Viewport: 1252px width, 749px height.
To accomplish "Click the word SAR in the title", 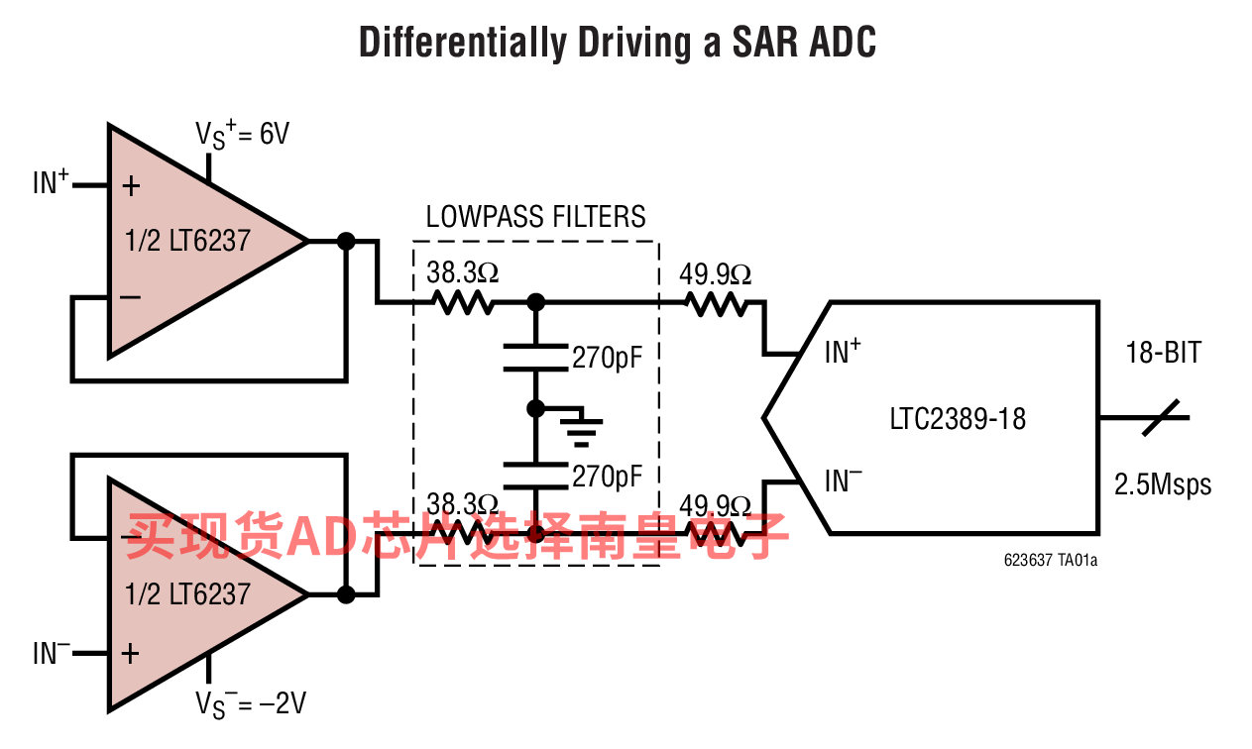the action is pos(763,43).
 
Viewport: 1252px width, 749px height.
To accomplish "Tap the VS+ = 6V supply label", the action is pos(242,135).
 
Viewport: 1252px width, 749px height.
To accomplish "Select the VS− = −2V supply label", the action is pos(251,703).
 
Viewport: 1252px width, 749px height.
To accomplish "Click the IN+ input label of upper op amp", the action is pos(51,181).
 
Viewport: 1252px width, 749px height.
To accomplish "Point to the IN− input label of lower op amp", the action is pos(52,652).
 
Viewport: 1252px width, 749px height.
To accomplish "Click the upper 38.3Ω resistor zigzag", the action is pos(462,303).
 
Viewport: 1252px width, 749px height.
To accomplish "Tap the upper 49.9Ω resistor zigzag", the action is pos(716,304).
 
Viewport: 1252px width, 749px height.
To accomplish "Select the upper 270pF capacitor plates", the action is pos(535,358).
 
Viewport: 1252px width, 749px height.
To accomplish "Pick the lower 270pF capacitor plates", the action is pos(535,476).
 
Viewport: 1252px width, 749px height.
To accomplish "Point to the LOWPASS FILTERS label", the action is pos(535,217).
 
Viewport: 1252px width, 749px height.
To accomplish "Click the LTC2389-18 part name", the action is pos(958,419).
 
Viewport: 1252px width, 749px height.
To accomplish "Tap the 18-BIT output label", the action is pos(1163,353).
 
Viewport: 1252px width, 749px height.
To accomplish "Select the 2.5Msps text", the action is pos(1163,484).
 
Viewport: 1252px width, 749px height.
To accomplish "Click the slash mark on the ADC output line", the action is pos(1161,417).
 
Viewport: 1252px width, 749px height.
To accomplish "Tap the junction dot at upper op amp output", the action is pos(346,242).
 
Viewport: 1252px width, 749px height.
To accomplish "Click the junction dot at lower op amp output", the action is pos(346,594).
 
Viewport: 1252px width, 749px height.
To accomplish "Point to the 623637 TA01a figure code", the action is pos(1050,560).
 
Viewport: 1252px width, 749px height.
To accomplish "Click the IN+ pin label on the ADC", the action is pos(843,351).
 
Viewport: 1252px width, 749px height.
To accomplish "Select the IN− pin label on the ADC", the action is pos(843,481).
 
